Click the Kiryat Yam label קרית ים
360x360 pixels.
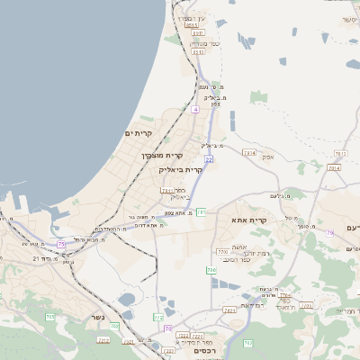(x=139, y=133)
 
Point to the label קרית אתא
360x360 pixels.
(x=250, y=220)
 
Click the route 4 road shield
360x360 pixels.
(x=194, y=109)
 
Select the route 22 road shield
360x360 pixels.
(x=209, y=158)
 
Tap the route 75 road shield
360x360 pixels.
(x=61, y=244)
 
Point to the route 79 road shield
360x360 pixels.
(x=330, y=233)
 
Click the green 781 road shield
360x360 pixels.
(x=201, y=212)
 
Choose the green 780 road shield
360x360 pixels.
(x=211, y=269)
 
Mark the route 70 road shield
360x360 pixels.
(x=168, y=328)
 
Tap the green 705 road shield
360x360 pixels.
(x=50, y=317)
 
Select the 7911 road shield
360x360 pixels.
(x=167, y=191)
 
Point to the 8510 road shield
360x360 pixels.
(x=193, y=26)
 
